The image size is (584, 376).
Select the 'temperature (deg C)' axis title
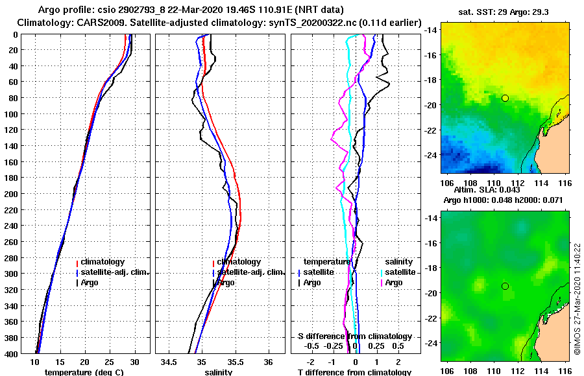[84, 372]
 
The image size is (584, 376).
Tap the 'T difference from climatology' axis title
[354, 372]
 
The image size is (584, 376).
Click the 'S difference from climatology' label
[355, 336]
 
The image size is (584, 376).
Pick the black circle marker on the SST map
[505, 98]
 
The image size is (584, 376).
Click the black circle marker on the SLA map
[505, 286]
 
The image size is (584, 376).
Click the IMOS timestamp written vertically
[577, 300]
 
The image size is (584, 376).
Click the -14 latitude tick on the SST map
[430, 30]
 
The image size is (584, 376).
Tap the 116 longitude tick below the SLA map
[563, 371]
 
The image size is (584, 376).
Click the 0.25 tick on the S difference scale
[376, 347]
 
